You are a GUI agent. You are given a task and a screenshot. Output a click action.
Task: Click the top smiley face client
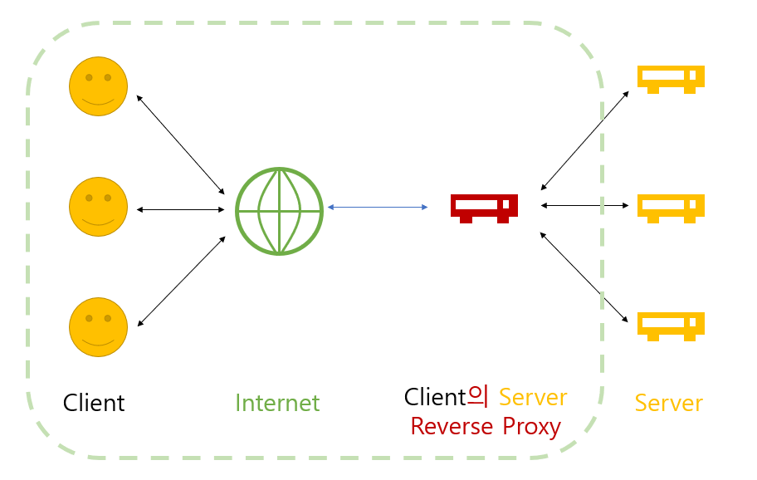(x=99, y=86)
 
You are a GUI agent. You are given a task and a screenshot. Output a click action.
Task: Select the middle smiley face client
(x=99, y=207)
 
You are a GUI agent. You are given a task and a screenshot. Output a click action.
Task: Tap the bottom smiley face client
(x=99, y=327)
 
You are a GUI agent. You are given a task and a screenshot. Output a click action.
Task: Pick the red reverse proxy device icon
(x=484, y=208)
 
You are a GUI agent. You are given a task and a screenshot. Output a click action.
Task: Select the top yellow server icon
(x=671, y=79)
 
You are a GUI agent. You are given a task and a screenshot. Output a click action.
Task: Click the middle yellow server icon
(x=671, y=208)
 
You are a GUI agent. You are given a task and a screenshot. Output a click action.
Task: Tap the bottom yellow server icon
(x=671, y=326)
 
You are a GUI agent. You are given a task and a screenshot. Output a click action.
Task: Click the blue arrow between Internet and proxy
(x=378, y=207)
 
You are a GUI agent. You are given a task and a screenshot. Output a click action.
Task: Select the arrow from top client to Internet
(x=181, y=144)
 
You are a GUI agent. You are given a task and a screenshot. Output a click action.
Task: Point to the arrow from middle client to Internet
(x=181, y=209)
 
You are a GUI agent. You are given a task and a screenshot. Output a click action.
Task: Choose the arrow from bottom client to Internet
(x=182, y=281)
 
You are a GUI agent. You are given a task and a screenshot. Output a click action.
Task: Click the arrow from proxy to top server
(x=584, y=140)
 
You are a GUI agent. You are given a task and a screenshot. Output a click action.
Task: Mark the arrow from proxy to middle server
(x=584, y=206)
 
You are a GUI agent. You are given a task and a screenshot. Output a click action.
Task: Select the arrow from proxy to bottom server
(x=584, y=277)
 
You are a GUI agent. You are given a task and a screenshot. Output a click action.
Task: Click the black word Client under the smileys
(x=94, y=403)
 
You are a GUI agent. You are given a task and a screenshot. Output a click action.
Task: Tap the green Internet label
(x=277, y=403)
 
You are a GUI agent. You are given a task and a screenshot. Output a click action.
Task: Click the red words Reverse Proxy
(x=486, y=426)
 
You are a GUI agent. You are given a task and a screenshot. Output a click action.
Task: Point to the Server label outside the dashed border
(x=669, y=403)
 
